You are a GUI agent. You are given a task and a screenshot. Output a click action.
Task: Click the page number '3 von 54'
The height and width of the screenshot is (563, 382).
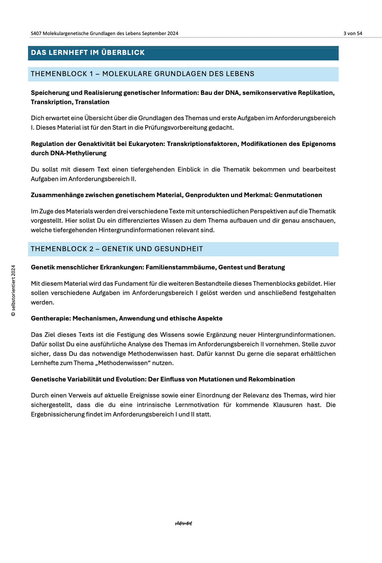(353, 33)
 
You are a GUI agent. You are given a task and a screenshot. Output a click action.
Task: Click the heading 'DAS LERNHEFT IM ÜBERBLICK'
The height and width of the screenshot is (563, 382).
(88, 53)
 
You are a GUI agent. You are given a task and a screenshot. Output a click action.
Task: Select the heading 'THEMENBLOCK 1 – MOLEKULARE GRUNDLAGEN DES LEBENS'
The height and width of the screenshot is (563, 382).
(143, 74)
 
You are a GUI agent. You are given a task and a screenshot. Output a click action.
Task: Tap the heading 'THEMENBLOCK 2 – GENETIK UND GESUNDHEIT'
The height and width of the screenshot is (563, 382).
(117, 249)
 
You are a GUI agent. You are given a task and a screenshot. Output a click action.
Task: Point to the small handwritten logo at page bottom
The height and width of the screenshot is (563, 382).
(183, 523)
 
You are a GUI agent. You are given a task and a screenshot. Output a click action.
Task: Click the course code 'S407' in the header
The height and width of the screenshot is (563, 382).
(36, 33)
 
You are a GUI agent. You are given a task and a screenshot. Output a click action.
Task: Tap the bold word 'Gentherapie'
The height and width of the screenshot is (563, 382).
(51, 318)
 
